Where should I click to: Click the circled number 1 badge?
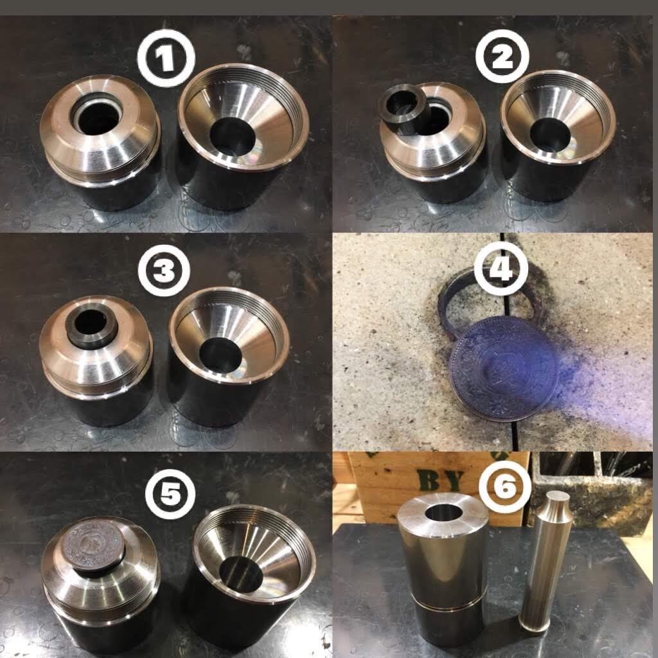pyautogui.click(x=166, y=58)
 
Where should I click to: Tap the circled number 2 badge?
pyautogui.click(x=502, y=57)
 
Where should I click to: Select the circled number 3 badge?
pyautogui.click(x=164, y=271)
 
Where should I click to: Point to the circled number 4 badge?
pyautogui.click(x=501, y=268)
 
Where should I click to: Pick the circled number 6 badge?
pyautogui.click(x=505, y=487)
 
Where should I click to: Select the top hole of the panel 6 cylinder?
pyautogui.click(x=443, y=512)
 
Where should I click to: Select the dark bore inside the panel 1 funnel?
pyautogui.click(x=232, y=136)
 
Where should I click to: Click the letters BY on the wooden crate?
pyautogui.click(x=440, y=480)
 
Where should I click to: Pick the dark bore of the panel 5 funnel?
pyautogui.click(x=241, y=574)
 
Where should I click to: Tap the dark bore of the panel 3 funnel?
pyautogui.click(x=220, y=355)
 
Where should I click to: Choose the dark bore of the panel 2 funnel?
pyautogui.click(x=550, y=135)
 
